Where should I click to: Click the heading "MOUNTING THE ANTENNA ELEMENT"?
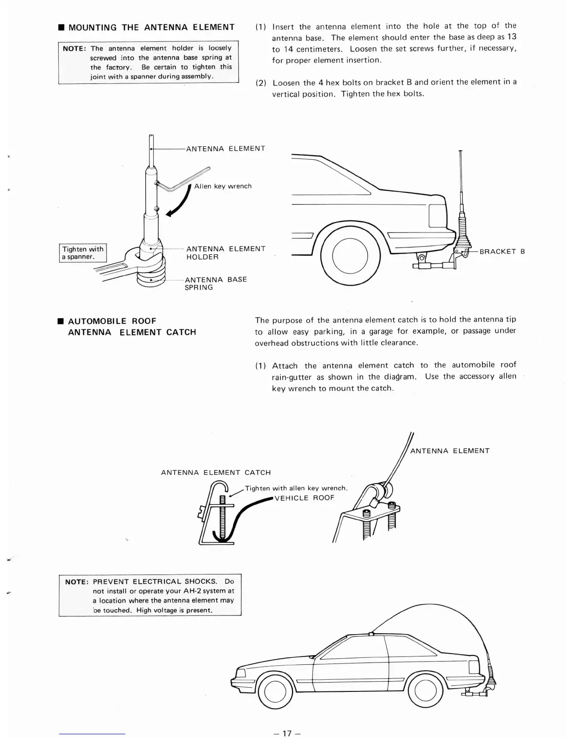click(x=151, y=27)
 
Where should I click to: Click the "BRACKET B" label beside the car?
click(x=502, y=252)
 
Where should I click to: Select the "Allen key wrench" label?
click(x=223, y=186)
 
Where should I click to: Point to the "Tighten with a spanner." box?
click(x=83, y=253)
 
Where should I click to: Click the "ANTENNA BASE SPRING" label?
click(x=216, y=283)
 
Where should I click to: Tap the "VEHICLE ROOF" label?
click(x=305, y=498)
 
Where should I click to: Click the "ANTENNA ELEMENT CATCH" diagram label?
click(x=216, y=472)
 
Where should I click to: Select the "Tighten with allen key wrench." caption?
click(x=296, y=488)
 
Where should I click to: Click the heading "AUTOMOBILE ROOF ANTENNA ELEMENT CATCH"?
click(x=132, y=327)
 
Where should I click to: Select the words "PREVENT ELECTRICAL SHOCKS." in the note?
click(x=155, y=582)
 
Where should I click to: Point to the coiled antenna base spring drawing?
click(x=151, y=275)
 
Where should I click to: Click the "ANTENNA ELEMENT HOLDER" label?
click(x=225, y=253)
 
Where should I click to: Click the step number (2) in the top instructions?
click(x=261, y=83)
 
